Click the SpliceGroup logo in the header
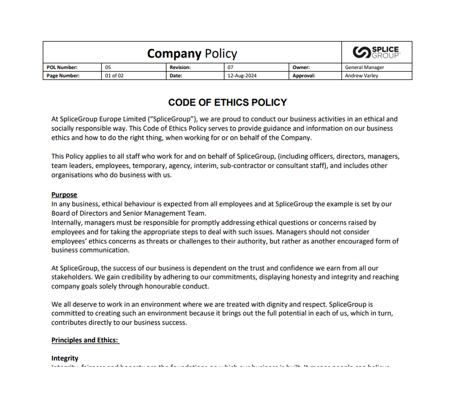point(377,52)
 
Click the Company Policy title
point(192,53)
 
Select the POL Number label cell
point(62,67)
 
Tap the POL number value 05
point(108,67)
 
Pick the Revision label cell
point(180,67)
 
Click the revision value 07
point(230,67)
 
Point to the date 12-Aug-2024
point(242,76)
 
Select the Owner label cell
point(301,67)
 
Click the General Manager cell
point(364,67)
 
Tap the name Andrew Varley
point(361,76)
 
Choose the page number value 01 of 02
point(115,76)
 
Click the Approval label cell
point(304,76)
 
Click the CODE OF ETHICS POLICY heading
point(227,103)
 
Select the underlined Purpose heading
point(64,194)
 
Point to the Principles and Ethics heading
point(85,340)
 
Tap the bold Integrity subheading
point(65,358)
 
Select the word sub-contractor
point(242,166)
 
